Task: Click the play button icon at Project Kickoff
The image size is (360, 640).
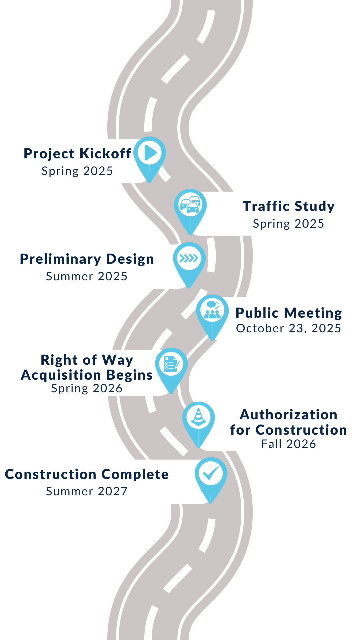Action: click(150, 153)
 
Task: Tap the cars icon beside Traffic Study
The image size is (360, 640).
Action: click(190, 205)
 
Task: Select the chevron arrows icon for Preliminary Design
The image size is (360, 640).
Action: click(189, 258)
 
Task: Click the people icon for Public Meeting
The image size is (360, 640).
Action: click(212, 310)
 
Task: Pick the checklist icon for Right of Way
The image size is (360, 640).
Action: click(171, 364)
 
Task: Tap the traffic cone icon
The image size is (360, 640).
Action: click(199, 417)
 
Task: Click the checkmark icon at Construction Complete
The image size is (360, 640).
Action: click(211, 473)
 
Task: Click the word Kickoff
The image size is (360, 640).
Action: click(105, 154)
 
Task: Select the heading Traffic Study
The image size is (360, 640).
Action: click(289, 206)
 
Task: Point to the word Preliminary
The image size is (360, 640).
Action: click(60, 259)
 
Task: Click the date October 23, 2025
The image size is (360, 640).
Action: click(289, 328)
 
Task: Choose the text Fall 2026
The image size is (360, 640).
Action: click(289, 444)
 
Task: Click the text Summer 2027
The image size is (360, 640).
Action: click(87, 491)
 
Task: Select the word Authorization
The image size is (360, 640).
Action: click(289, 415)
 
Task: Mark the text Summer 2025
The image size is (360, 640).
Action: click(87, 276)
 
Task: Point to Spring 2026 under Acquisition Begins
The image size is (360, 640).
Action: click(87, 388)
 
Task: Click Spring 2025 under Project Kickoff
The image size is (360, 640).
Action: click(77, 171)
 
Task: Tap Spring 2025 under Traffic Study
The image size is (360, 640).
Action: click(289, 224)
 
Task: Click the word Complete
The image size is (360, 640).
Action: click(135, 474)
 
